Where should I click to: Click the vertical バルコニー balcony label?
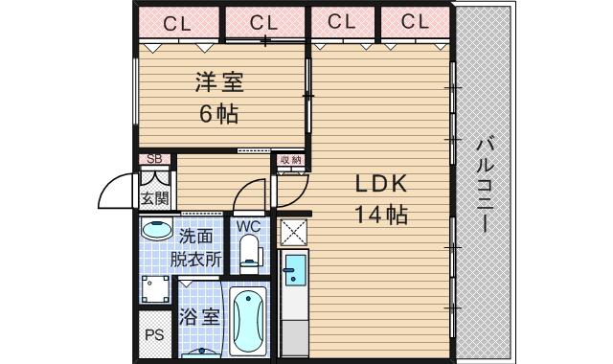(483, 186)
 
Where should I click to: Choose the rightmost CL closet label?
(415, 22)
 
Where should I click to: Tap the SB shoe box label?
(153, 159)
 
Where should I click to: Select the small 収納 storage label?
(290, 159)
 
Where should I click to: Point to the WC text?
(248, 226)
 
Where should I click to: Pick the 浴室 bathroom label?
(200, 317)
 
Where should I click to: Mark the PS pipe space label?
(153, 336)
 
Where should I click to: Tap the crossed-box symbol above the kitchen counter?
(292, 231)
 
